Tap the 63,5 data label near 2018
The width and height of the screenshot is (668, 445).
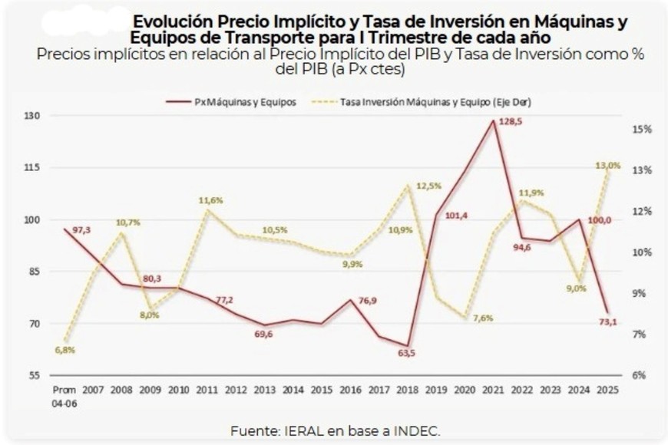pos(407,353)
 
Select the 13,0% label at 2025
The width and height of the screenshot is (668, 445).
pos(608,166)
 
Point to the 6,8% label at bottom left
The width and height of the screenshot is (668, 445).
pos(64,351)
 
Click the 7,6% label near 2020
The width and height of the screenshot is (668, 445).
pos(483,318)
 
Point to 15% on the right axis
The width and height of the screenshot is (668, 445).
pos(642,130)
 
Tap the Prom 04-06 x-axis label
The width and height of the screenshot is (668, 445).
pos(63,395)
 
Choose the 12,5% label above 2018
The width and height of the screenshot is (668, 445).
pos(428,186)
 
